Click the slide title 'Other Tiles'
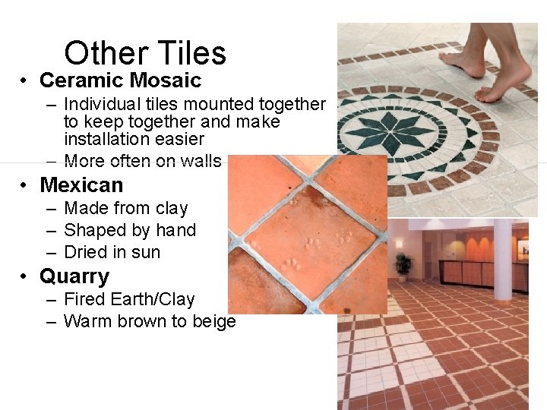tap(145, 53)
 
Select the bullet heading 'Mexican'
tap(81, 184)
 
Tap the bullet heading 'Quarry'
tap(74, 276)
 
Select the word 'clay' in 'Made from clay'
tap(171, 208)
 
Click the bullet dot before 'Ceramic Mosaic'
tap(25, 80)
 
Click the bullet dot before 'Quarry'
tap(25, 276)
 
